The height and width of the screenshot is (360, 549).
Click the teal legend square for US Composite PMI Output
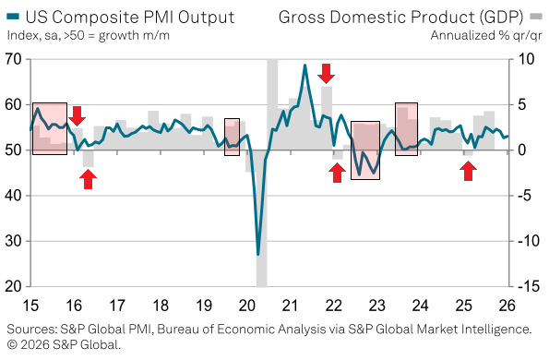click(12, 17)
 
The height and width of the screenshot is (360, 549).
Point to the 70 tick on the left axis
click(14, 60)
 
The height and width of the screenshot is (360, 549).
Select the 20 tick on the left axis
click(14, 287)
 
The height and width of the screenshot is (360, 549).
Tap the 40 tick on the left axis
click(14, 196)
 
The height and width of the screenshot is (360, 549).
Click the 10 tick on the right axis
click(527, 60)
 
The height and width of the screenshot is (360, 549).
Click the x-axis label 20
click(247, 306)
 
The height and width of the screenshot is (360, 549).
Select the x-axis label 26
click(507, 306)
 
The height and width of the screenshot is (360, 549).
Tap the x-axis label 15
click(31, 306)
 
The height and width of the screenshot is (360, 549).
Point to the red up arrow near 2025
click(469, 171)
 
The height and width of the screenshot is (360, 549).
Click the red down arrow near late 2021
click(326, 73)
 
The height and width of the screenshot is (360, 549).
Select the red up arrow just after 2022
click(338, 172)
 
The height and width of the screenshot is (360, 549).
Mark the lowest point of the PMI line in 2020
click(258, 254)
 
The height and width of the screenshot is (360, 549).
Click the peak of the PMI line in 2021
click(304, 66)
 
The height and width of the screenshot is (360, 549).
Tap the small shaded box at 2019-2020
click(232, 137)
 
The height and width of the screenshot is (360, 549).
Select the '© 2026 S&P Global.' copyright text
click(64, 344)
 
